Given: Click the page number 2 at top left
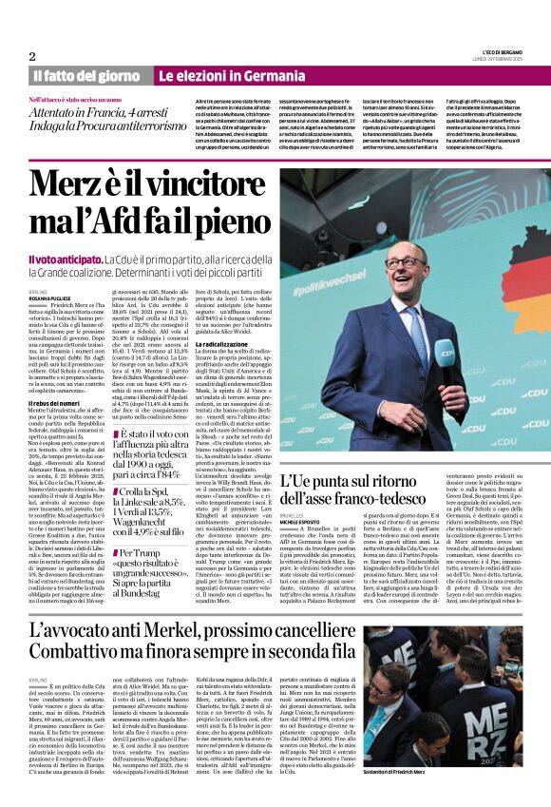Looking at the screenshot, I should tap(33, 56).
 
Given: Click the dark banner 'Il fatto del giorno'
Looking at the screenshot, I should tap(86, 75).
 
